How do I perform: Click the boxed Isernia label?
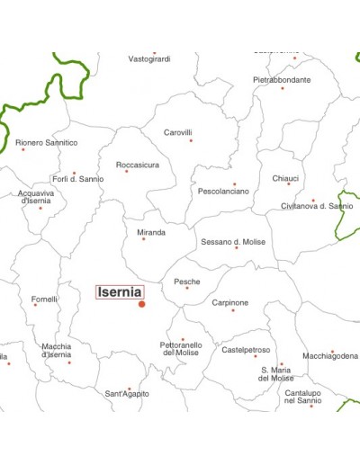pos(119,291)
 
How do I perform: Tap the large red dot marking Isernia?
pos(141,304)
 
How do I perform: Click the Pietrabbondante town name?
pos(282,79)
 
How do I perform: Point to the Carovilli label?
pos(178,132)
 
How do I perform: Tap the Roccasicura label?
pos(138,165)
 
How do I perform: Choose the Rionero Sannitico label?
pos(47,142)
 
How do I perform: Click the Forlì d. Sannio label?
pos(77,178)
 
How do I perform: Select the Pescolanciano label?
pos(223,191)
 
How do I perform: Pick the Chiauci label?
pos(286,178)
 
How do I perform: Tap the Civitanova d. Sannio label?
pos(318,206)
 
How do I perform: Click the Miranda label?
pos(151,232)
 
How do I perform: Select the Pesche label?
pos(187,281)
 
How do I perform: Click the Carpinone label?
pos(229,302)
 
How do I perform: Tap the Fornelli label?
pos(44,299)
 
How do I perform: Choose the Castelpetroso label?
pos(246,349)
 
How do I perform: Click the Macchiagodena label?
pos(330,356)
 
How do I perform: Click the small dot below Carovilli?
pos(190,140)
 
